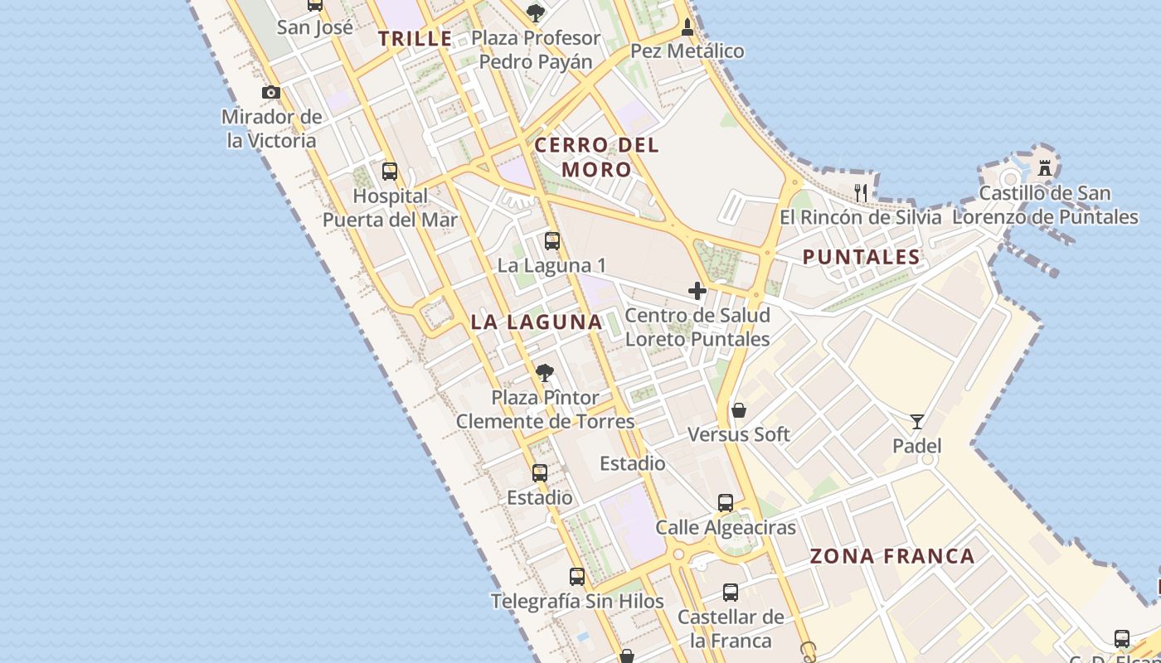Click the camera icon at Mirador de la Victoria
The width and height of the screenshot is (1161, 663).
[x=271, y=93]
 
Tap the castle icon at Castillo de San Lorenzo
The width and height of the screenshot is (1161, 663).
[x=1045, y=168]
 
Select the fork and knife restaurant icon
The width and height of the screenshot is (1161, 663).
[x=861, y=193]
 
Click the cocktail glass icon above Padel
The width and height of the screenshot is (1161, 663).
[x=916, y=422]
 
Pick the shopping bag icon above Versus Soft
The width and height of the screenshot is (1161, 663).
[x=739, y=410]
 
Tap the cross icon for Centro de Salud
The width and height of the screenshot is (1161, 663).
[x=697, y=291]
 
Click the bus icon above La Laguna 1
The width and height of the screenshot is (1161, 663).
[x=552, y=241]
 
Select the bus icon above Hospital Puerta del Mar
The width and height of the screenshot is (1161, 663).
[x=390, y=172]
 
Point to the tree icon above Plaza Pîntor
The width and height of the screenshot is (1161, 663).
[x=544, y=373]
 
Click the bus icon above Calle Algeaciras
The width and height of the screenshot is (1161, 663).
[x=726, y=502]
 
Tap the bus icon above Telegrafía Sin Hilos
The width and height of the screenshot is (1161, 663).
[x=577, y=576]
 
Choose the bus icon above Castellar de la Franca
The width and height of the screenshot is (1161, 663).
[x=731, y=593]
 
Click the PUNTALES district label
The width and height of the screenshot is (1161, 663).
[x=862, y=257]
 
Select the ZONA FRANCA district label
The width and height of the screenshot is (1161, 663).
[x=892, y=556]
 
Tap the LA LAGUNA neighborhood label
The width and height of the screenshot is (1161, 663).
[x=537, y=322]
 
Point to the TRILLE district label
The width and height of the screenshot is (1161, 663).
[x=415, y=38]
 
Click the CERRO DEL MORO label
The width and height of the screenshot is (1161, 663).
[x=596, y=157]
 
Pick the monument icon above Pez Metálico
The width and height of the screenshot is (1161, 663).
[x=687, y=28]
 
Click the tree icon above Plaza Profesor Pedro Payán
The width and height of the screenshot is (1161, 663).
[x=536, y=12]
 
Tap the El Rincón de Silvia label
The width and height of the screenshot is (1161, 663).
[x=861, y=217]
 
